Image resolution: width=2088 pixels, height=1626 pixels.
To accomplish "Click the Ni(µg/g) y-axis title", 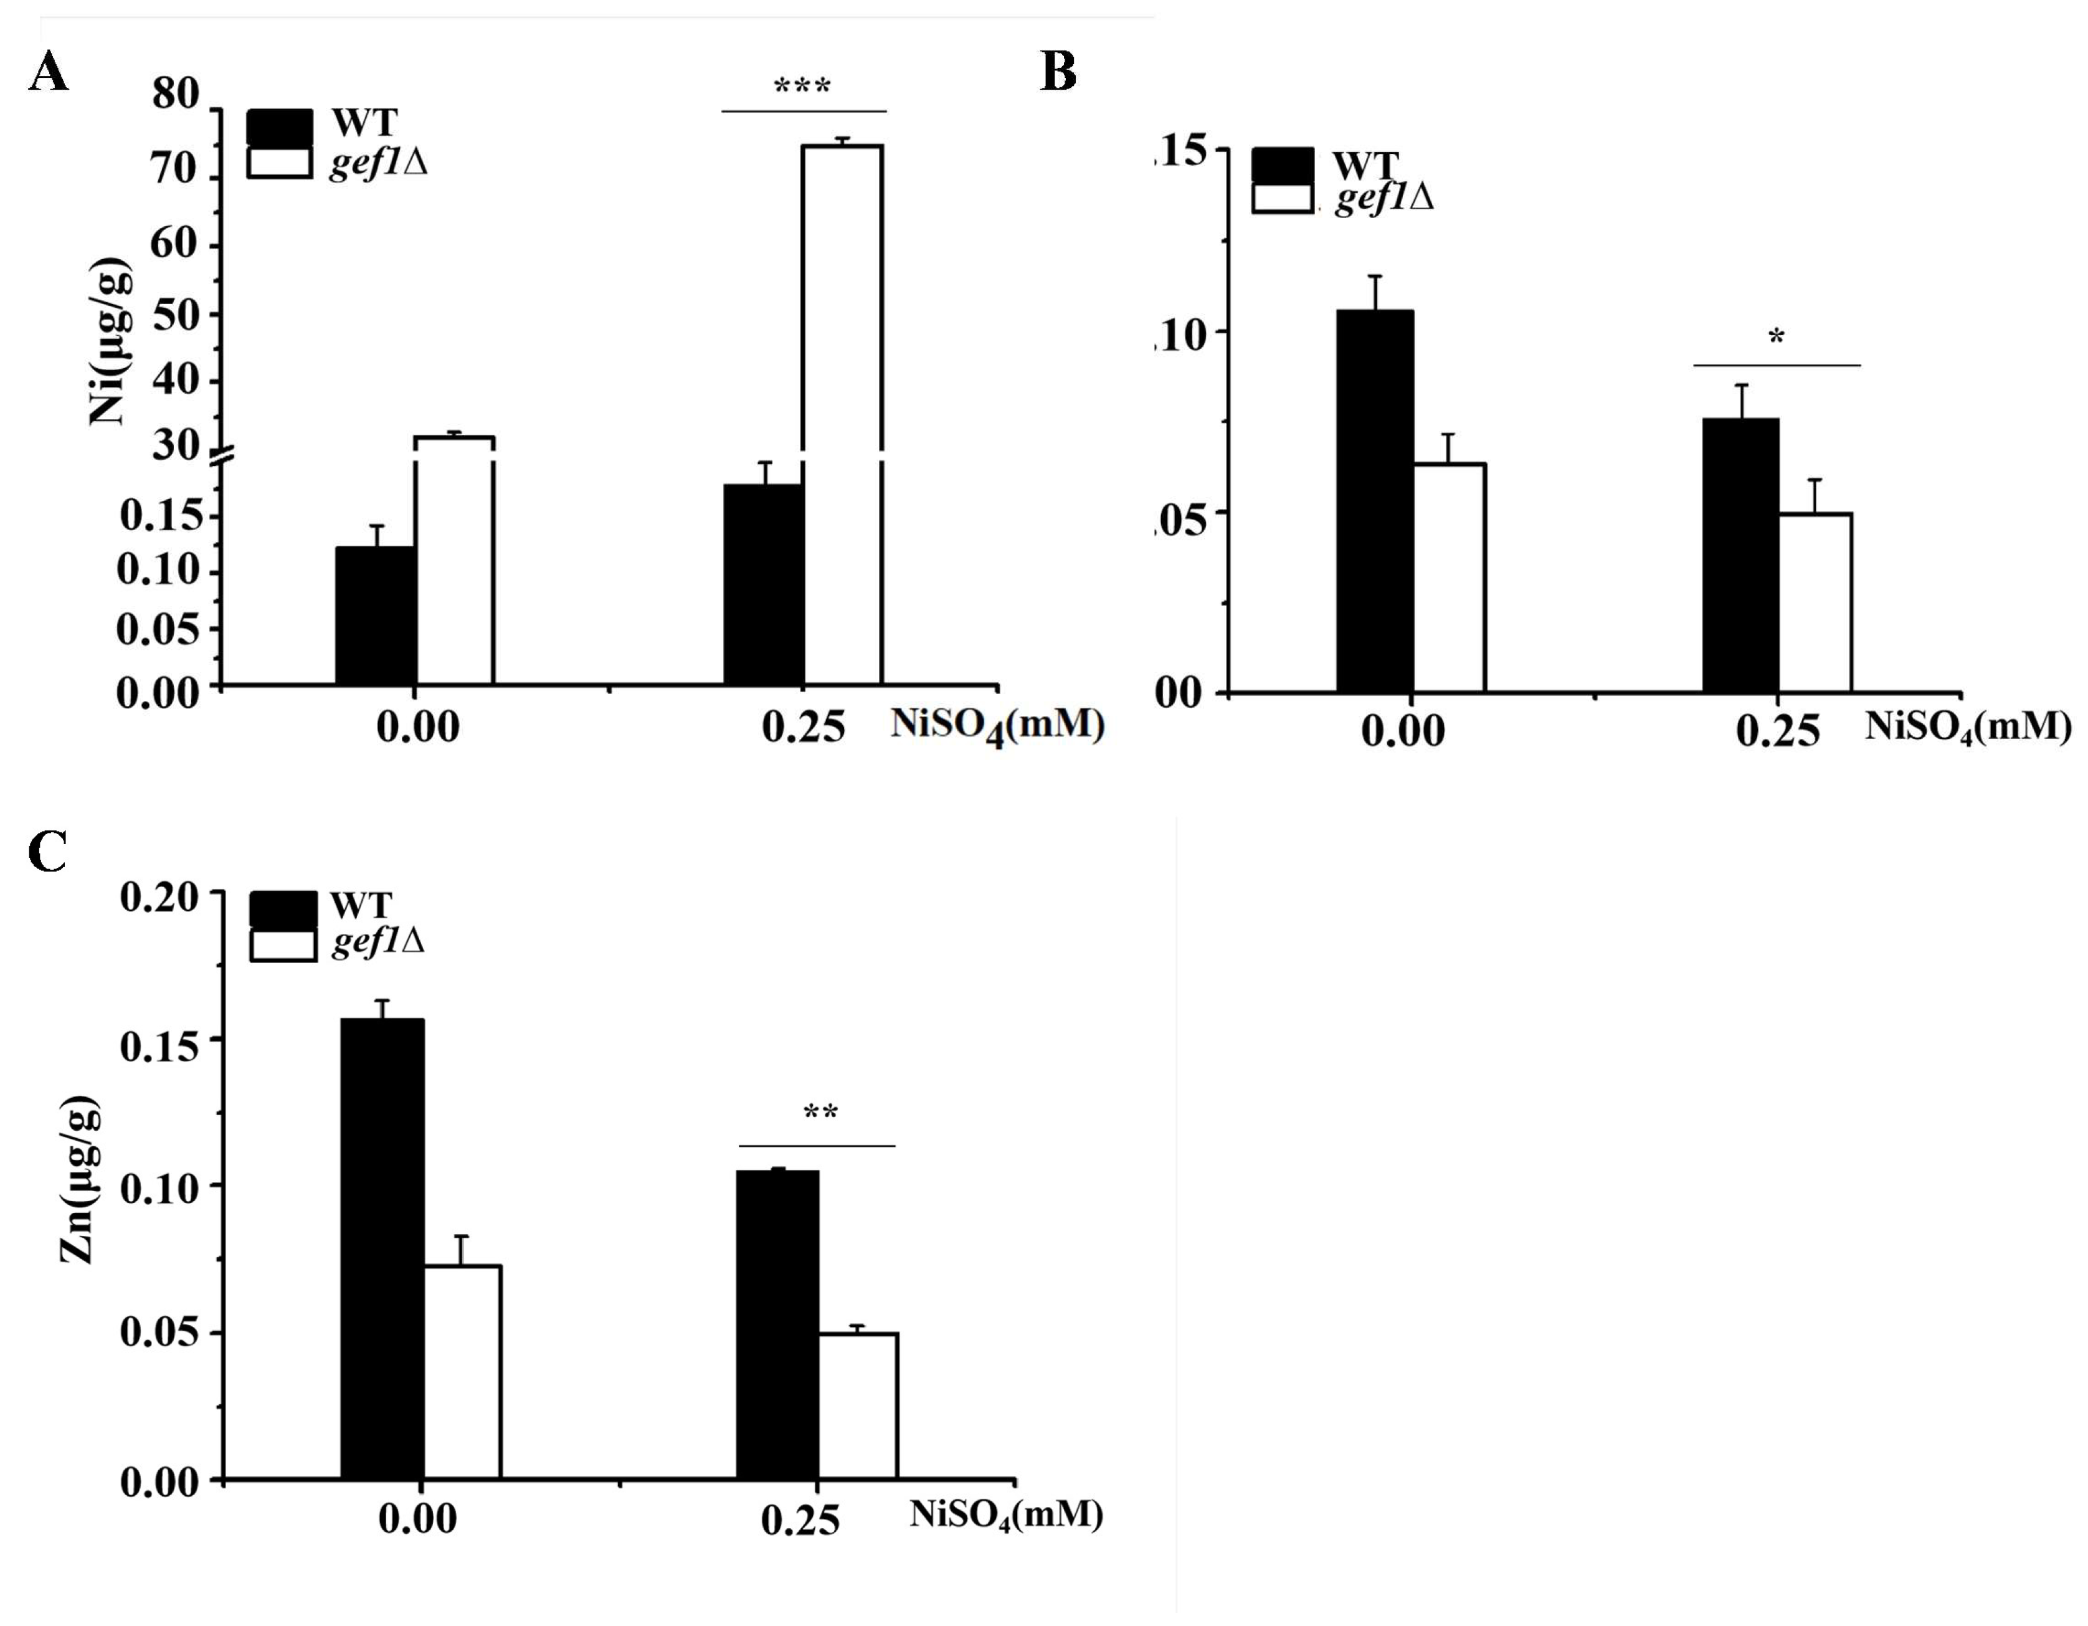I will pos(110,341).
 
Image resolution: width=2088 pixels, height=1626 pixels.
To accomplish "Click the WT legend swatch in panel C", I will pos(283,908).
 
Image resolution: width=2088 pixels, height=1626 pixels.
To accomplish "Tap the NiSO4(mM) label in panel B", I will pos(1968,728).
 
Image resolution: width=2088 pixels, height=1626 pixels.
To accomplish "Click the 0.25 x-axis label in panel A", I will pos(803,728).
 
